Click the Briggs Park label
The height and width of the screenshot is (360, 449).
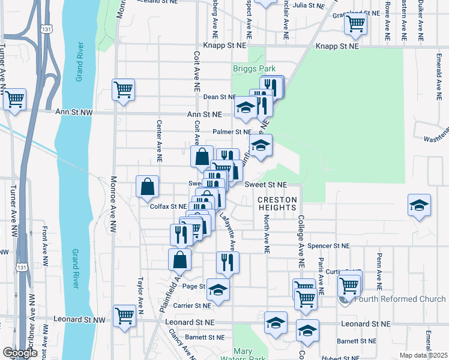click(x=254, y=68)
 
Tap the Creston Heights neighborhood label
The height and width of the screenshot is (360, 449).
click(x=277, y=203)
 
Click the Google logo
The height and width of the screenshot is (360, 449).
click(x=20, y=352)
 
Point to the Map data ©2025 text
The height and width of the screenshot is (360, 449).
click(x=423, y=355)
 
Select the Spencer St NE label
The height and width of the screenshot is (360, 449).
click(x=328, y=246)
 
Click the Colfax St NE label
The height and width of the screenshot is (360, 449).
click(x=169, y=206)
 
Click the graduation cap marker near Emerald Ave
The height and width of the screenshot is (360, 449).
click(x=419, y=206)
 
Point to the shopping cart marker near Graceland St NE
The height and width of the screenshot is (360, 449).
click(x=356, y=25)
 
